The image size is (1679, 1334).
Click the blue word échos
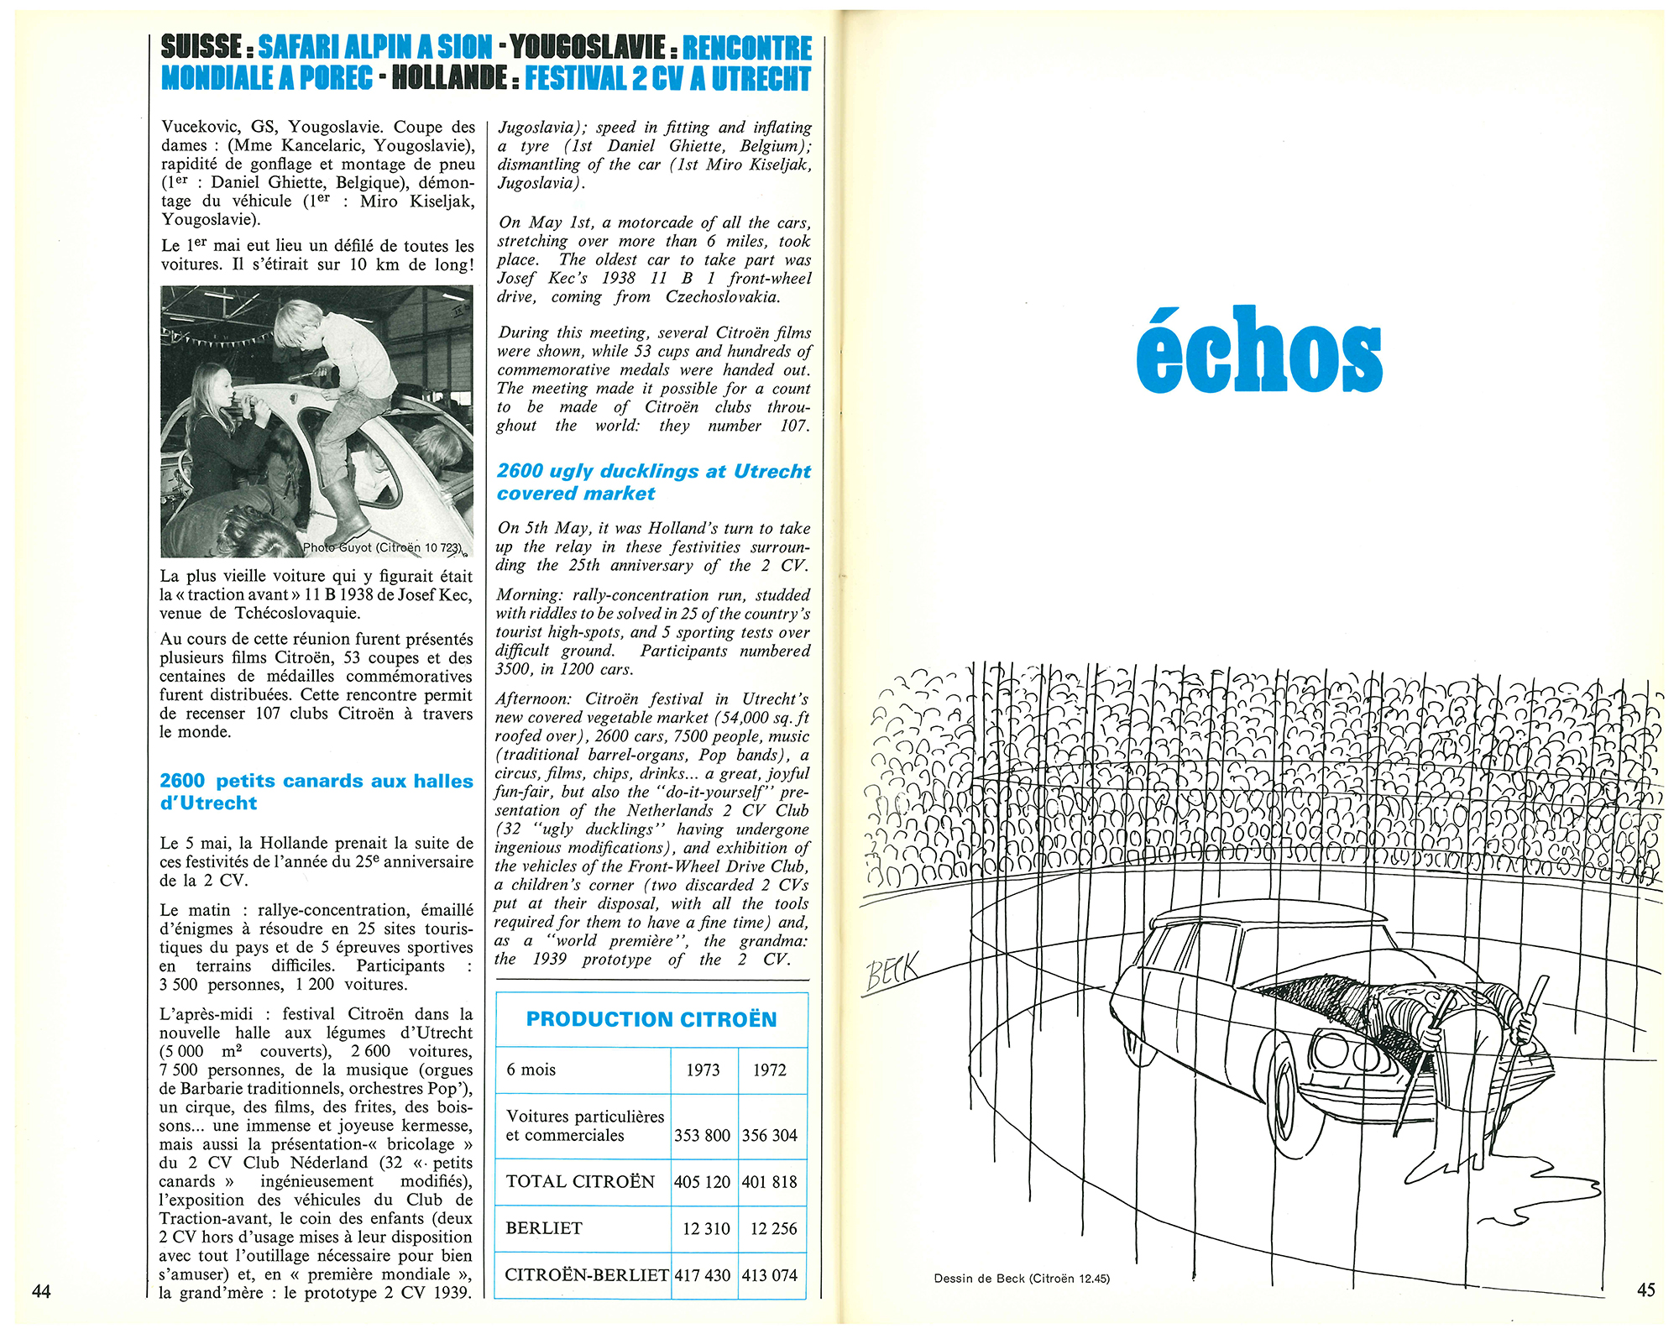[1258, 350]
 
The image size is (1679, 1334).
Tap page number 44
[41, 1290]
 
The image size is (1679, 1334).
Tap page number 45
[1646, 1290]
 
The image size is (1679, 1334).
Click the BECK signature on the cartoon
[892, 974]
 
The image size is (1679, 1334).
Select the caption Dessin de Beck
[1021, 1279]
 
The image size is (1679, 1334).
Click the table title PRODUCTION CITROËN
[651, 1019]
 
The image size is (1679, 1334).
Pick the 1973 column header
[703, 1070]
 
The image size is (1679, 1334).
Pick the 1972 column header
[770, 1070]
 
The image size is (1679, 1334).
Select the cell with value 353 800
[703, 1136]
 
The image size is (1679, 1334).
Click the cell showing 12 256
[773, 1229]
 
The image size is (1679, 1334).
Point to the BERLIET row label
[544, 1228]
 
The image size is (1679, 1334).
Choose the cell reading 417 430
[703, 1275]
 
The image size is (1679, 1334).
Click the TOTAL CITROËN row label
[580, 1182]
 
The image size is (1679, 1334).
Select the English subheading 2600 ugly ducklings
[653, 482]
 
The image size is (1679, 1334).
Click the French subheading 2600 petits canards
[316, 792]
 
